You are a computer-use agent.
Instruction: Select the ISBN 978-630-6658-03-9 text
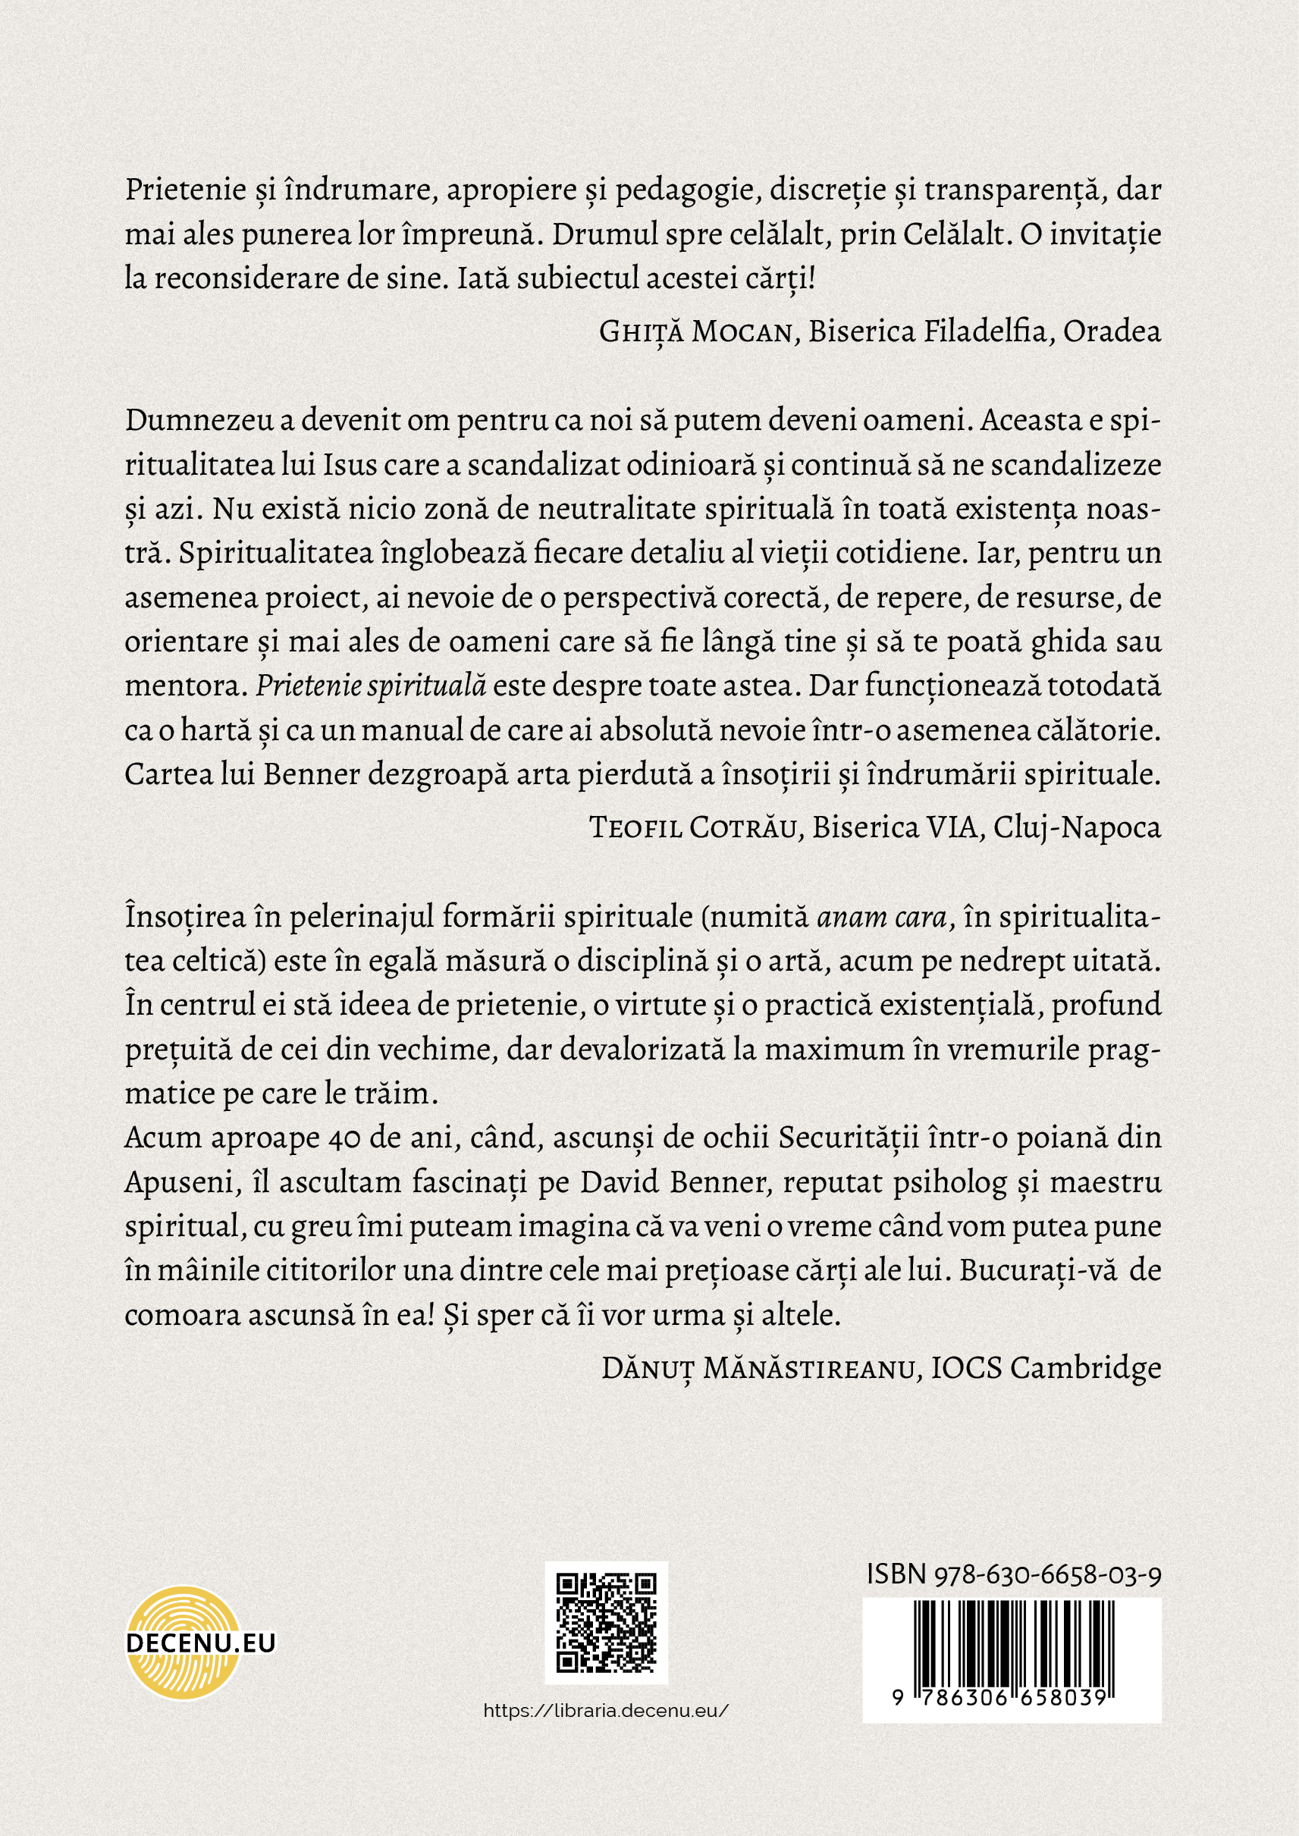(1013, 1574)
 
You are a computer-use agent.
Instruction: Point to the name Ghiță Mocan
(695, 332)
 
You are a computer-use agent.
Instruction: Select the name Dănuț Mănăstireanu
(758, 1369)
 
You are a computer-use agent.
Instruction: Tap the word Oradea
(1112, 332)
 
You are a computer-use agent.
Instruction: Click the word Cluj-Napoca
(1077, 828)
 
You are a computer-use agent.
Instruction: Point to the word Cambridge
(1085, 1369)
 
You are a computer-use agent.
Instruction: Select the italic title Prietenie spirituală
(370, 686)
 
